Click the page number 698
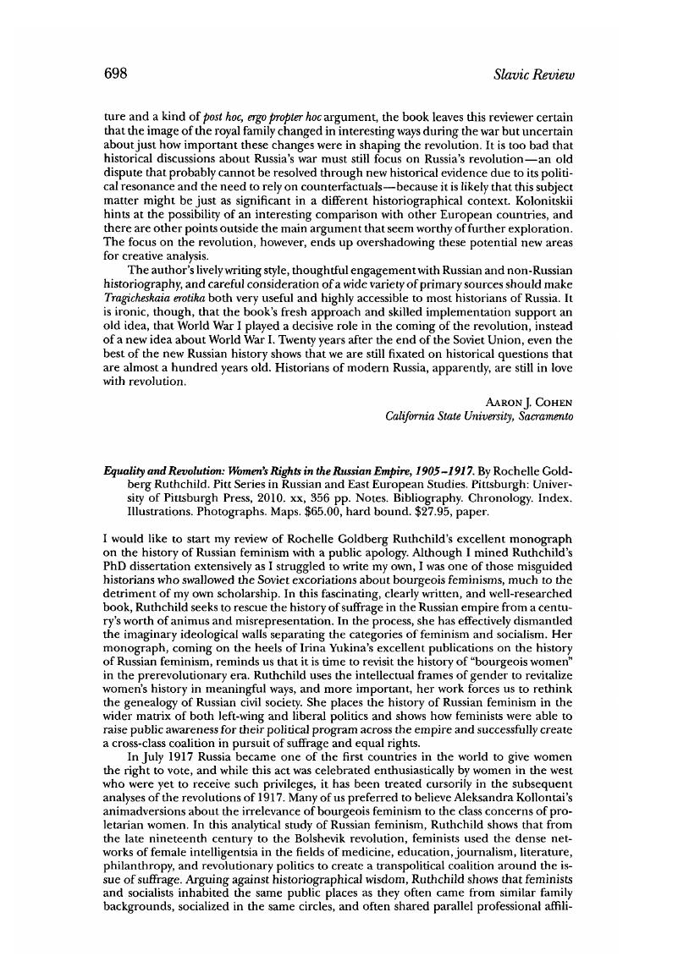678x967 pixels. pos(115,74)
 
